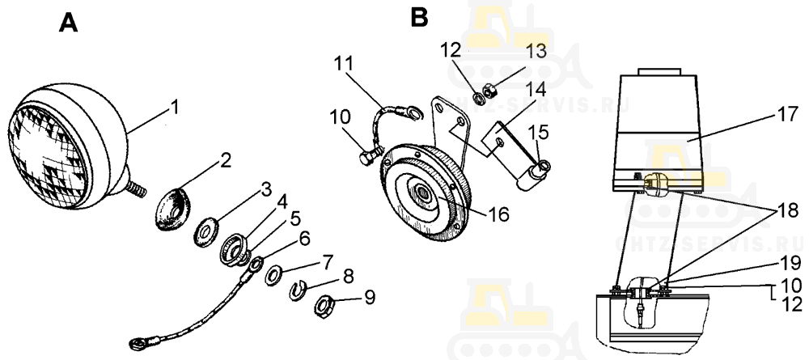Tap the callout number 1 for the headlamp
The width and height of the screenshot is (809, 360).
(x=175, y=107)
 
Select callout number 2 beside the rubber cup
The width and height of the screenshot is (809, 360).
(x=225, y=161)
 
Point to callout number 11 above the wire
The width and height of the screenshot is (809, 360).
(x=344, y=64)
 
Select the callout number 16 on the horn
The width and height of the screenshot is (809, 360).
(x=498, y=213)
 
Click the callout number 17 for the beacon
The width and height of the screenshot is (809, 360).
(x=786, y=113)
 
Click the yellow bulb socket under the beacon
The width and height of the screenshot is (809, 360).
(x=654, y=184)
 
